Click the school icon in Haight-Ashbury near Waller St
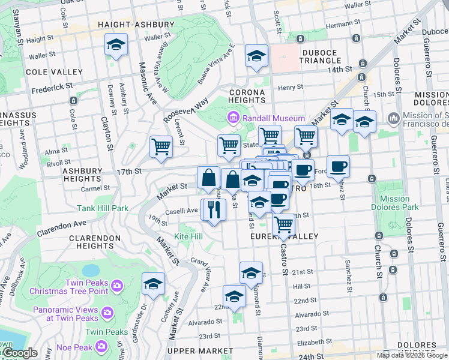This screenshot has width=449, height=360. (116, 44)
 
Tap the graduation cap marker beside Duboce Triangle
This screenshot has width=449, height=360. (256, 56)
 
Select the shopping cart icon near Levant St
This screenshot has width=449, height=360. (161, 146)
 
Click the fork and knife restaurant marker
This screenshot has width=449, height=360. (212, 209)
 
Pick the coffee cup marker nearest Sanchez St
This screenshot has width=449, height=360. (338, 166)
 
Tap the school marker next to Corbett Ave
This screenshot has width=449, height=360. (153, 283)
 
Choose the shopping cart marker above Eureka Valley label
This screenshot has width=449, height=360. (283, 225)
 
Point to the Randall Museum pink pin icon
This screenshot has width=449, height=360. (233, 116)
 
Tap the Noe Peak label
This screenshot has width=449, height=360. (73, 347)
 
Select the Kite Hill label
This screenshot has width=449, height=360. (188, 237)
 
